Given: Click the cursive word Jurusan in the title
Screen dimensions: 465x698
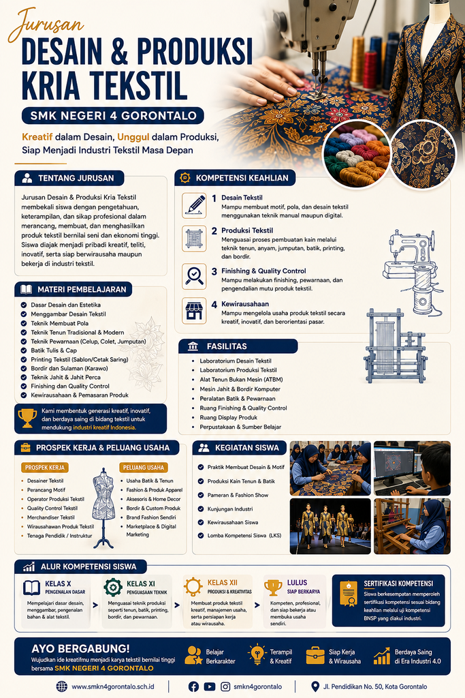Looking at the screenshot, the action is coord(46,25).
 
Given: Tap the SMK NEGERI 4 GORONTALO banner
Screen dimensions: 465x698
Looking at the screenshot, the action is coord(113,116).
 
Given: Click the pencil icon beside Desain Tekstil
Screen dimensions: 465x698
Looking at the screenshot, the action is coord(194,206).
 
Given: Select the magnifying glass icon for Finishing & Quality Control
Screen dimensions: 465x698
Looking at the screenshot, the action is coord(194,276).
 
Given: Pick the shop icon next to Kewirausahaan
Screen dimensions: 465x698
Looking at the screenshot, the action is coord(194,310).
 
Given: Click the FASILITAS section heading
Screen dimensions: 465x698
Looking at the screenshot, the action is coord(227,346).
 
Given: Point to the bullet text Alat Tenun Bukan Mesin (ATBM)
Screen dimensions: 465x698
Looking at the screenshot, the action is coord(241,380).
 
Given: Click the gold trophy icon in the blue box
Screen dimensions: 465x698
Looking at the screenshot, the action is coord(27,419).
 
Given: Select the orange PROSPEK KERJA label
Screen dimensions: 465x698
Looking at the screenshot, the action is coord(45,468).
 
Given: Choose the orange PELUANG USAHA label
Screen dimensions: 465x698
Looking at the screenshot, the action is coord(144,468).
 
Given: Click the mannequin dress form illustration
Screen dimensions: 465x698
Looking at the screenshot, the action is coord(103,508).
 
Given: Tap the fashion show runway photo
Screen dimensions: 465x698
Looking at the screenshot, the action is coord(330,526).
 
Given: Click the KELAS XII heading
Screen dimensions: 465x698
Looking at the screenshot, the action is coord(222,583).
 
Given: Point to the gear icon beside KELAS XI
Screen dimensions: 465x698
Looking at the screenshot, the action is coord(113,587).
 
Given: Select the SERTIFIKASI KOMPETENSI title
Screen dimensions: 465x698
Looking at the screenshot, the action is coord(398,583).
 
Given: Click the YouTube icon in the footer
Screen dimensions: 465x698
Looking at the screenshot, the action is coord(210,686).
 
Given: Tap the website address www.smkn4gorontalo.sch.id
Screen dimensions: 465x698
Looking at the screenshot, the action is coord(113,686).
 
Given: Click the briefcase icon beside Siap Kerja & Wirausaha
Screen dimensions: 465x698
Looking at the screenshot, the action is coord(315,656).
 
